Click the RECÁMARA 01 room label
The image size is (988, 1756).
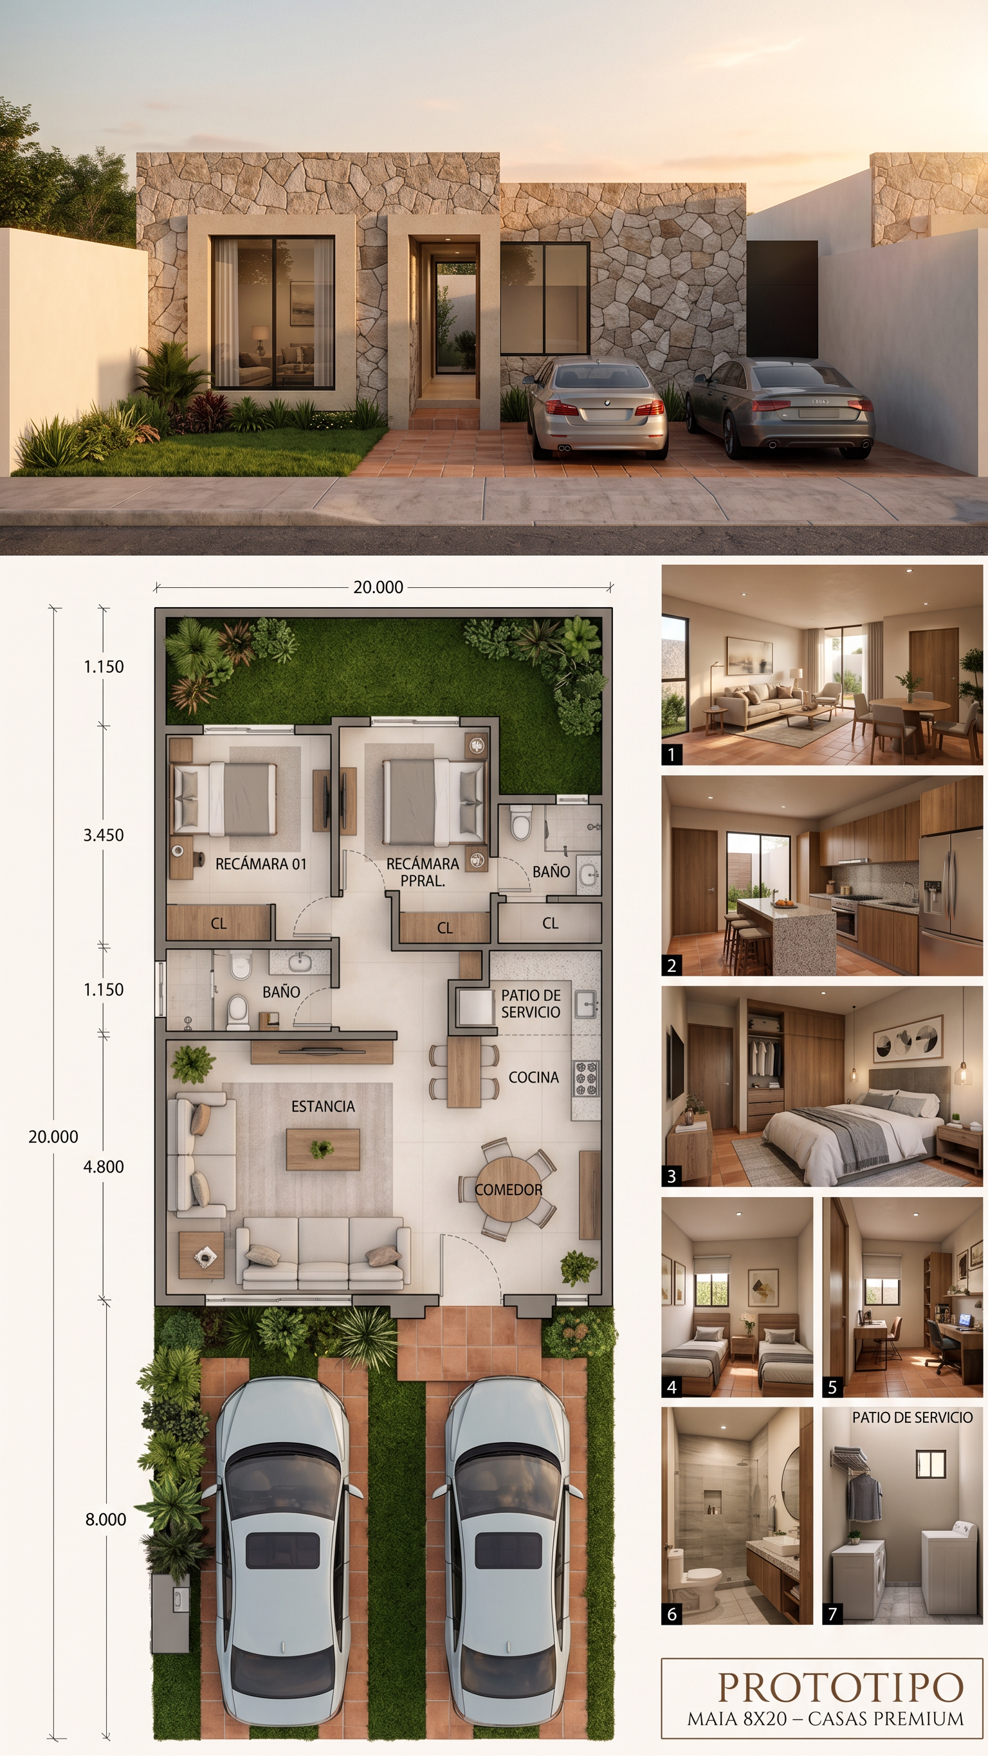point(261,864)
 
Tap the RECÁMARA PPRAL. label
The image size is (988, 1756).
point(423,872)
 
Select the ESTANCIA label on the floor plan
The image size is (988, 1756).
point(323,1106)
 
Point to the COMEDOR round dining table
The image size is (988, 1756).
point(509,1189)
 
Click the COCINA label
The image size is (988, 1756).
point(534,1077)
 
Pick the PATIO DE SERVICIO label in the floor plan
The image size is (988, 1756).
point(531,1003)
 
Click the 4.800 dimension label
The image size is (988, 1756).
point(104,1166)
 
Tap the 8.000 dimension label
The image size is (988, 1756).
point(105,1519)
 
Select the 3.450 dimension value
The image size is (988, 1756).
point(104,835)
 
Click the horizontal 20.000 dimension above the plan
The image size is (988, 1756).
point(378,587)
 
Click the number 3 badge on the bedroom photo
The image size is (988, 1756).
point(672,1176)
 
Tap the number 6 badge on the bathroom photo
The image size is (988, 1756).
point(672,1614)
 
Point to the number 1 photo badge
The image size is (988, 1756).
point(672,754)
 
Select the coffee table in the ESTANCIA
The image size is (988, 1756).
point(322,1150)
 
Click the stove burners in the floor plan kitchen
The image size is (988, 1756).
point(586,1079)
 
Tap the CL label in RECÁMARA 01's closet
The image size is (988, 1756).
point(218,924)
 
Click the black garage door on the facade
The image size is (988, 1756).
point(782,299)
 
